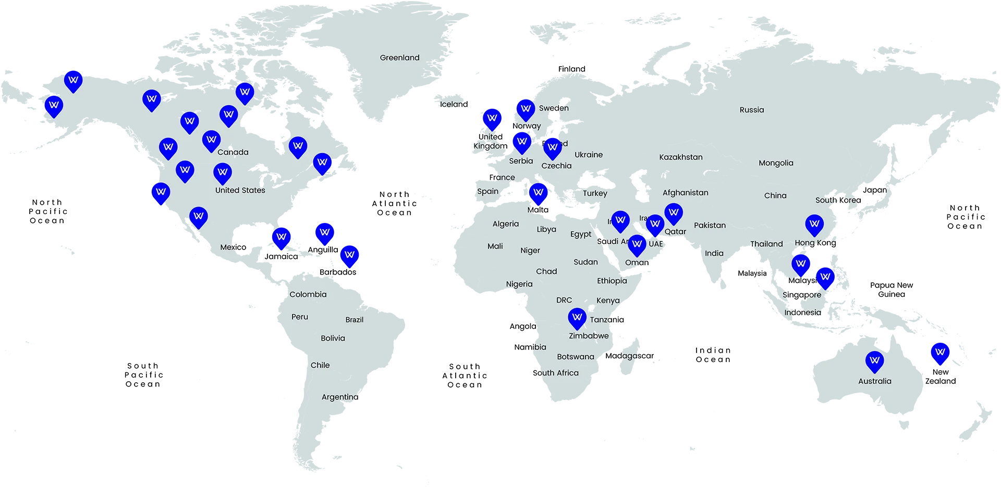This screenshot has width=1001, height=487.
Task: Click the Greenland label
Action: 399,58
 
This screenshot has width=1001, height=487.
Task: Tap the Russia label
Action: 751,110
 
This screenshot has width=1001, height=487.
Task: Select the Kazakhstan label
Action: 680,157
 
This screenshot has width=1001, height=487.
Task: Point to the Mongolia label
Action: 776,163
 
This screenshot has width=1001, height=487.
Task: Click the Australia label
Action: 874,381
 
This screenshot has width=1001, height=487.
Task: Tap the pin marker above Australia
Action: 874,360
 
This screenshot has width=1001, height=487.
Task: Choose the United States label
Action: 240,191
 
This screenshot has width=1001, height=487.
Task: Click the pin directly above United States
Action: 223,172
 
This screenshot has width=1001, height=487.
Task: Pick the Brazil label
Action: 354,320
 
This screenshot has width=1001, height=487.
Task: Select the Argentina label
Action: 339,397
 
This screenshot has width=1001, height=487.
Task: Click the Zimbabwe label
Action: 588,336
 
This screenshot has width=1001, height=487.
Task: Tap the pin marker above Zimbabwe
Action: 577,317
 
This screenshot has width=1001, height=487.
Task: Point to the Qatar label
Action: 675,232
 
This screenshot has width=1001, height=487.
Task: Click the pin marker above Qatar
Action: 674,213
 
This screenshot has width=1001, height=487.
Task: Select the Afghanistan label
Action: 685,193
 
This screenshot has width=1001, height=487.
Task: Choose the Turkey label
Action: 595,193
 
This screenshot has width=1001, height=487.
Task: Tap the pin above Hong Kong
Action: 814,224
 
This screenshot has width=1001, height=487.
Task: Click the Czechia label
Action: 556,166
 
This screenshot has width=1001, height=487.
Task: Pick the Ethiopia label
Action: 612,281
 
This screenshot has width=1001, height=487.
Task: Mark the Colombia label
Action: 308,294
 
